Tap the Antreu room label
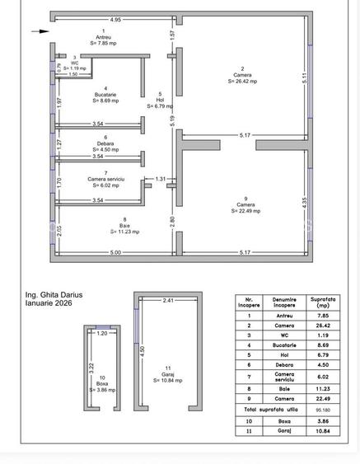103,37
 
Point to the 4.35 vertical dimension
304,203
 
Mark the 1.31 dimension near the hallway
161,179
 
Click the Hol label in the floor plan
160,100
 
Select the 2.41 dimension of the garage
168,300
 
